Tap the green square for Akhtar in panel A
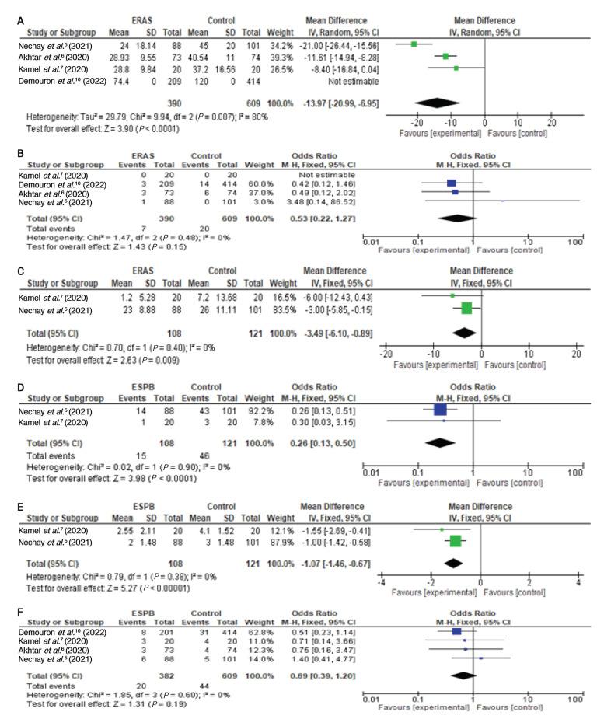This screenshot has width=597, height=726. (445, 56)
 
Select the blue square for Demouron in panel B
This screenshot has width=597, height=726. (452, 184)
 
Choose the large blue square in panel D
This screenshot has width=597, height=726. (440, 410)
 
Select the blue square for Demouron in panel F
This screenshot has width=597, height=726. (456, 631)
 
